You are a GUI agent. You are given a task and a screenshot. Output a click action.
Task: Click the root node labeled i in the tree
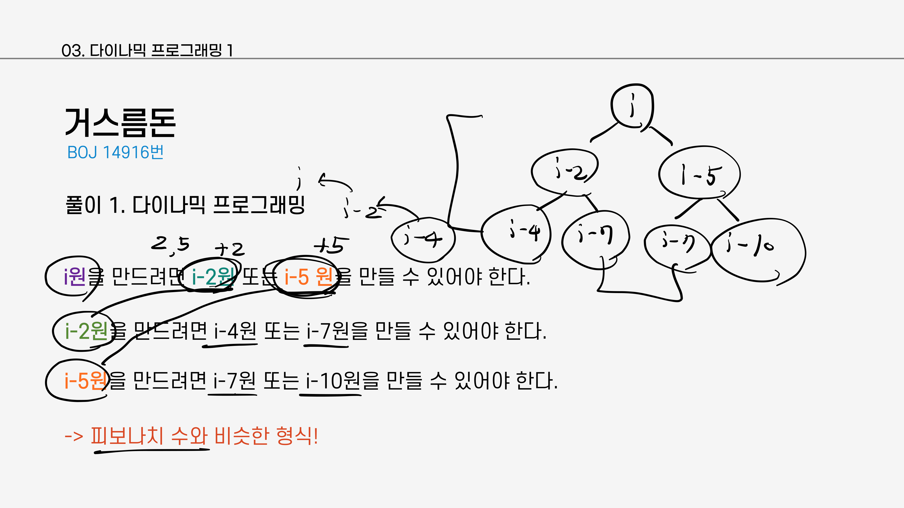coord(632,105)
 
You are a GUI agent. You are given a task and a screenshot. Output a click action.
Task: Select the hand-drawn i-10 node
coord(758,250)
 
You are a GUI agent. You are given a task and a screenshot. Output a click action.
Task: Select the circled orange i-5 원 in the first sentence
coord(308,277)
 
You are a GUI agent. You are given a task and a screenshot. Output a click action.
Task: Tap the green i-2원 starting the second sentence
coord(86,331)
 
